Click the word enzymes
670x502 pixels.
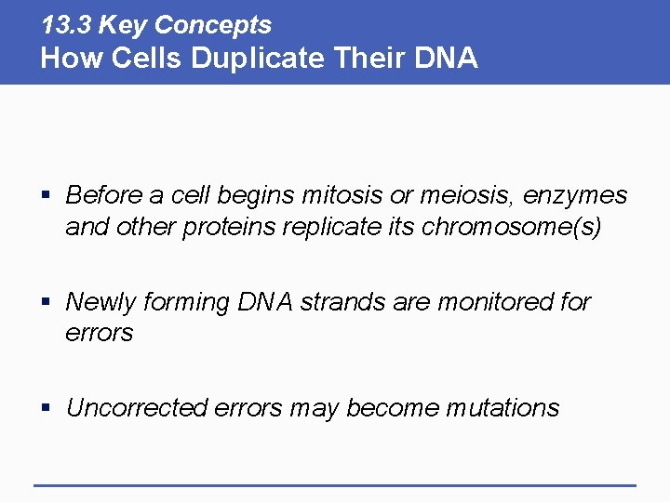575,196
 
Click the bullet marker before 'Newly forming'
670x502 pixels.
47,303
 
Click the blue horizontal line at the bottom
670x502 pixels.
335,484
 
